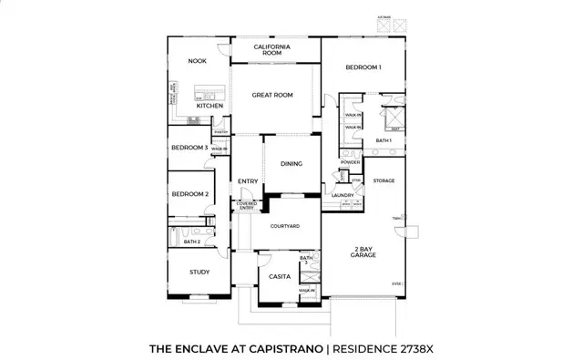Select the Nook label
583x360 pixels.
[x=198, y=61]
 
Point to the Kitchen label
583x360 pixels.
[x=210, y=106]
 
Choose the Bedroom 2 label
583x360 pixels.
[x=190, y=194]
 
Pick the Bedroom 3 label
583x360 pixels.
[x=189, y=148]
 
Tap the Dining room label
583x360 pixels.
[x=291, y=164]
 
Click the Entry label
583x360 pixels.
[x=248, y=181]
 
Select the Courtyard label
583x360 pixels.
[x=286, y=226]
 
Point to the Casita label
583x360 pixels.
[x=279, y=276]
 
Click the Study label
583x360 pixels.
[x=199, y=272]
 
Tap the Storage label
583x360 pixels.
[x=384, y=181]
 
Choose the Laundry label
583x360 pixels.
[x=343, y=195]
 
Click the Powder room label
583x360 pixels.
[x=351, y=162]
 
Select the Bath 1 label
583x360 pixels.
[x=384, y=140]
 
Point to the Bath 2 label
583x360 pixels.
[x=191, y=242]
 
